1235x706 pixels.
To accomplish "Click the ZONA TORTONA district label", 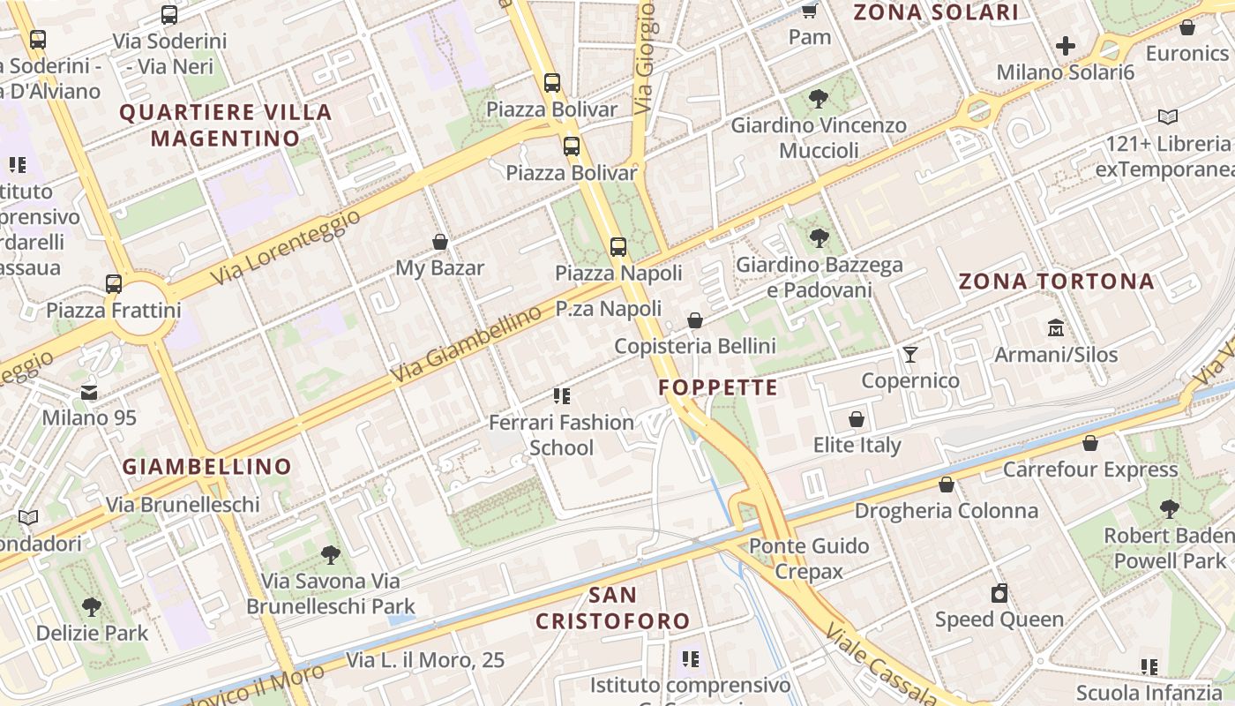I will [x=1056, y=282].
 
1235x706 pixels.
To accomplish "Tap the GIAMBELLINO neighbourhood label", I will [x=206, y=467].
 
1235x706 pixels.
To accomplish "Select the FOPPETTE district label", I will [x=718, y=387].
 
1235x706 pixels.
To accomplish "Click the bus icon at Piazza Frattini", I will [x=114, y=284].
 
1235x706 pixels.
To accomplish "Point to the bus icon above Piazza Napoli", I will [x=618, y=247].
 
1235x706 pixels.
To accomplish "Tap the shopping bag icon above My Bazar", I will [x=440, y=242].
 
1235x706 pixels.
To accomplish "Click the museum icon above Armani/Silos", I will [x=1056, y=328].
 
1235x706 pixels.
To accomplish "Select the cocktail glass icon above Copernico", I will [x=910, y=355].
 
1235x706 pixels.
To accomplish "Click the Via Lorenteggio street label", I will [x=286, y=248].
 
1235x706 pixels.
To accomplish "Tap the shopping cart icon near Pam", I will [x=809, y=11].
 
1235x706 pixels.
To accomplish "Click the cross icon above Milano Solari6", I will [x=1066, y=46].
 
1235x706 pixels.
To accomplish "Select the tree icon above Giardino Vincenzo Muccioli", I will [x=819, y=98].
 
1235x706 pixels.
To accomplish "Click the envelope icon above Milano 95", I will [x=89, y=392].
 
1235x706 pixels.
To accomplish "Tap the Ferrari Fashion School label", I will [x=561, y=434].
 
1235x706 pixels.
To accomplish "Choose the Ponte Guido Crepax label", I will [x=809, y=559].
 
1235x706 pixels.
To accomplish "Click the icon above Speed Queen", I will [x=999, y=593].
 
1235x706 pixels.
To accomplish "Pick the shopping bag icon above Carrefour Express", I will [x=1090, y=443].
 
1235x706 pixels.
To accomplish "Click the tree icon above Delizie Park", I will [x=92, y=607].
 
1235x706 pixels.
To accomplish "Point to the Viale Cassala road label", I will [x=883, y=667].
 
